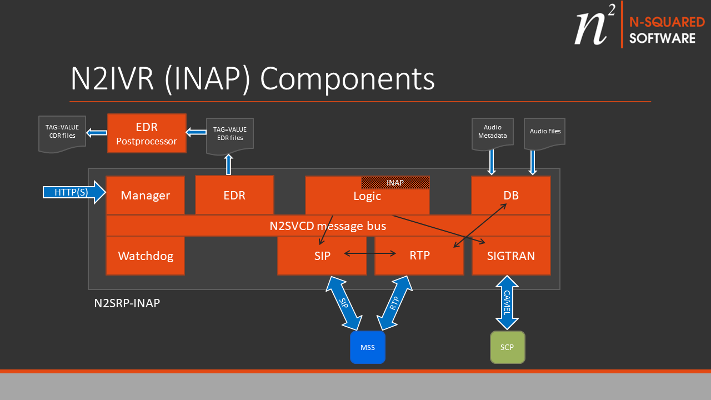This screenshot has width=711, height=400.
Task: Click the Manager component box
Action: point(145,195)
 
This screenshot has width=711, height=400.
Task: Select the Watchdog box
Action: point(145,256)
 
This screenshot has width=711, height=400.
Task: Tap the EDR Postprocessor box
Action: point(147,133)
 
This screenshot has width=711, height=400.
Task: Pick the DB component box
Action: point(510,195)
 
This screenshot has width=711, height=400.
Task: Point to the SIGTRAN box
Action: point(510,256)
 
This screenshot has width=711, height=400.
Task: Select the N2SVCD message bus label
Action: point(328,226)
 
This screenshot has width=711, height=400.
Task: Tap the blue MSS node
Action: point(367,347)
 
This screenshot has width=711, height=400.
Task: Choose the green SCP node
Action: point(507,347)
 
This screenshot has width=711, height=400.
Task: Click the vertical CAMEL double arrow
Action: point(507,303)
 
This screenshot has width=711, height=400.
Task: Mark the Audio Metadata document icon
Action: point(492,133)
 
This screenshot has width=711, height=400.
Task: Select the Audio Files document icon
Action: point(544,133)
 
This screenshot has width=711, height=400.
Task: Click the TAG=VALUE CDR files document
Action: point(62,133)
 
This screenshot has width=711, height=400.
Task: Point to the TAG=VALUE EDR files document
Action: point(229,136)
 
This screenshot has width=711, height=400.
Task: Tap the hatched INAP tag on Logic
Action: point(395,182)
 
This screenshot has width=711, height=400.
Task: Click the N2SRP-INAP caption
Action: point(127,304)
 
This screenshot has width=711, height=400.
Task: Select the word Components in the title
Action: point(347,79)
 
